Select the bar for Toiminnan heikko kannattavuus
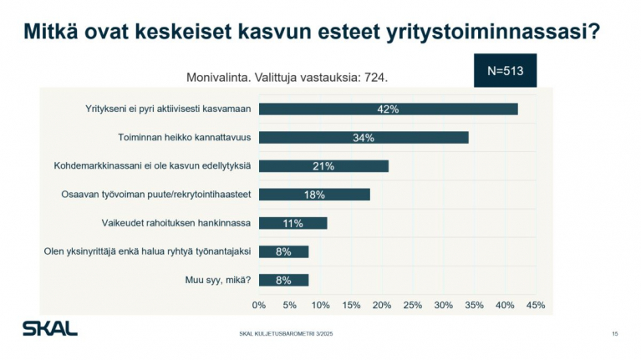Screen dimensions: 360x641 (363, 137)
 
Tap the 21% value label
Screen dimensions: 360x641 (323, 165)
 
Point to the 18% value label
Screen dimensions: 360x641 (314, 194)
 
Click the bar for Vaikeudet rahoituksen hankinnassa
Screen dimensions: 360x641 (293, 223)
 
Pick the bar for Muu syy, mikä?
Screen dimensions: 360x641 (283, 280)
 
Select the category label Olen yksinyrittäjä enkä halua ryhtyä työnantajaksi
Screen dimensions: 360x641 (148, 251)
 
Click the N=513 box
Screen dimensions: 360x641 (505, 71)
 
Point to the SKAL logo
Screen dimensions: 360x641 (49, 328)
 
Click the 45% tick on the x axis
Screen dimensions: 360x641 (536, 305)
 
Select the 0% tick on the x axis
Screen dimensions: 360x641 (259, 305)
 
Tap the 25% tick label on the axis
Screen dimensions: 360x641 (413, 305)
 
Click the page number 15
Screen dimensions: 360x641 (614, 334)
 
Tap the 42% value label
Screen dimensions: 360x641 (387, 109)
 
